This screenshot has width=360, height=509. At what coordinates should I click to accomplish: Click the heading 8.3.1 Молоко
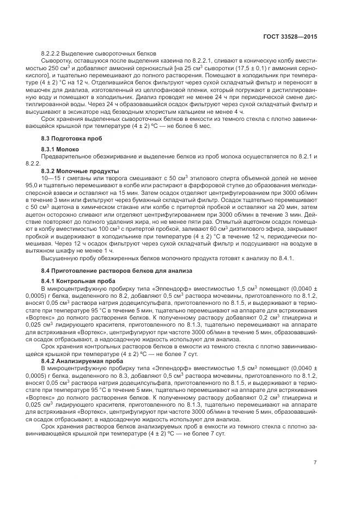click(x=60, y=149)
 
